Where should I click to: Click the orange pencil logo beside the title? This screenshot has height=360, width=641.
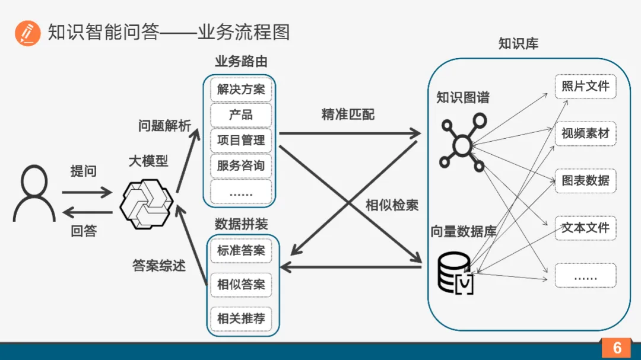pos(27,33)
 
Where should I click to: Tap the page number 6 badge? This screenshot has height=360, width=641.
pos(616,348)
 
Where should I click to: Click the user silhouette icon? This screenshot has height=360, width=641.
pos(34,193)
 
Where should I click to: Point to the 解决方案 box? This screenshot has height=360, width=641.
pos(240,90)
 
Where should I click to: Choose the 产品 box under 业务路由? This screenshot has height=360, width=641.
pos(240,115)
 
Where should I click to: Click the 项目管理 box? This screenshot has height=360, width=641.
pos(240,141)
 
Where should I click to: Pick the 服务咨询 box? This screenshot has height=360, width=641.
pos(240,166)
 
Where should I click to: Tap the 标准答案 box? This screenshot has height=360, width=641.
pos(240,251)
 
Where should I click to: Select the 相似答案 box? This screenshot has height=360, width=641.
pos(240,285)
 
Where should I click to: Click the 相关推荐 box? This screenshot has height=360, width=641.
pos(240,318)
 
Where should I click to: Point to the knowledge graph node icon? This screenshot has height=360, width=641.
pos(461,142)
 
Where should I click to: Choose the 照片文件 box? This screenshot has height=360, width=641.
pos(585,87)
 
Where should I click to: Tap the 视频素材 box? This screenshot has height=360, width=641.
pos(585,133)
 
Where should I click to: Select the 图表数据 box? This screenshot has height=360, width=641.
pos(585,180)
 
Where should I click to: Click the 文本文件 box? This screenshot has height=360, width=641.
pos(585,228)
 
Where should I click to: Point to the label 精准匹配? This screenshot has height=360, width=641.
pos(348,114)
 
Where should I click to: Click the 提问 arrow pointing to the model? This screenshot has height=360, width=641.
pos(87,192)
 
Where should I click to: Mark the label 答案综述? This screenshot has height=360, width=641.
pos(159,266)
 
